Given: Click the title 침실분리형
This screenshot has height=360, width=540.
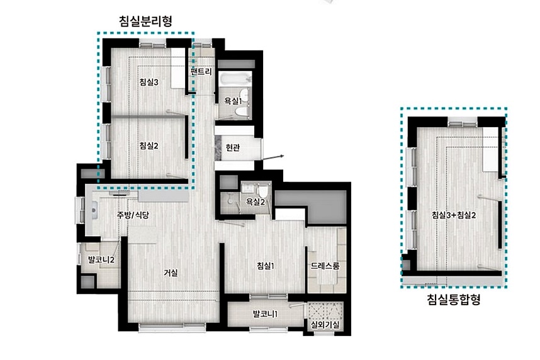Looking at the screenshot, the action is click(x=145, y=21).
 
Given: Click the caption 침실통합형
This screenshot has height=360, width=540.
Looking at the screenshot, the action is click(x=453, y=299).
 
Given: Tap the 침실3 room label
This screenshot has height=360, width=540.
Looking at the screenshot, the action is click(x=149, y=82).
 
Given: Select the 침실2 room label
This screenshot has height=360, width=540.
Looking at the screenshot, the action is click(x=149, y=146).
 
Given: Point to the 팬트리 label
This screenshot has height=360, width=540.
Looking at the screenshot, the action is click(x=201, y=72).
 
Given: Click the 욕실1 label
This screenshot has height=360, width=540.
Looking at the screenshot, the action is click(x=233, y=101).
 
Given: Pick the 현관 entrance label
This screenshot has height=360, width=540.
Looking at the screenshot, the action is click(x=232, y=148).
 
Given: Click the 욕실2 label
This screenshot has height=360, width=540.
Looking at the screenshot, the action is click(x=255, y=202).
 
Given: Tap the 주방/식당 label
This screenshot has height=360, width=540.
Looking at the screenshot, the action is click(x=133, y=215).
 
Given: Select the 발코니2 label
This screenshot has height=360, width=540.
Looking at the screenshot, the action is click(x=101, y=259).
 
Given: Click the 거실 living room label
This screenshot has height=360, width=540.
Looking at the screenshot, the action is click(x=171, y=273).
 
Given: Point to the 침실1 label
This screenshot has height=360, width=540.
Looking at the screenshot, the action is click(x=266, y=266).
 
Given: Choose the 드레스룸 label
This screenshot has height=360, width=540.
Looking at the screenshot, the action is click(x=325, y=266).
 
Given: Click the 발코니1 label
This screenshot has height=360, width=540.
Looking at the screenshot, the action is click(x=265, y=314).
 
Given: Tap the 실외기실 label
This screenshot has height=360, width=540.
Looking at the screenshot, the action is click(x=325, y=325).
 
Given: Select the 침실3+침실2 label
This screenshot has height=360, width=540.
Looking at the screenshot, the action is click(x=454, y=215).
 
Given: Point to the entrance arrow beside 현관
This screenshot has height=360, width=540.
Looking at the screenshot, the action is click(x=273, y=157).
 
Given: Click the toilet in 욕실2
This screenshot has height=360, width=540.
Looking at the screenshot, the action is click(x=263, y=190).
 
